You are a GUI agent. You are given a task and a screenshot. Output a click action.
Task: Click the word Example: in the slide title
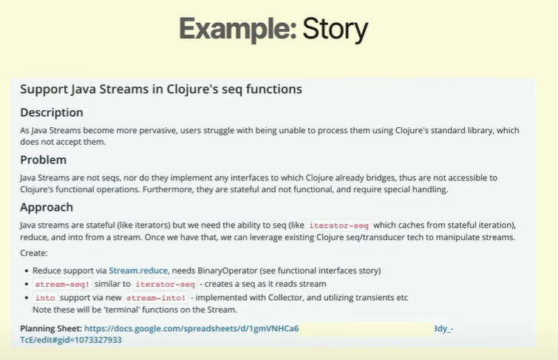pos(238,29)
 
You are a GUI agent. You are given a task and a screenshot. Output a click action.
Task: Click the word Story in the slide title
pos(335,29)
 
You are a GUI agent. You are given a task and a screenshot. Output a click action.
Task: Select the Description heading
pos(52,112)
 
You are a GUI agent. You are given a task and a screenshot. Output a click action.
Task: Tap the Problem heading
pos(44,160)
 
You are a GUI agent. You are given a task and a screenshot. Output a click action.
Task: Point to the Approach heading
pos(47,207)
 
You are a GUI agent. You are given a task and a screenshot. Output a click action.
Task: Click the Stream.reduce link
pos(138,271)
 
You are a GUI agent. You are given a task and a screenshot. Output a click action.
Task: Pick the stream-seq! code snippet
pos(62,284)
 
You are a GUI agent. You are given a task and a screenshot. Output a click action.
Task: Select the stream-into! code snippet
pos(156,298)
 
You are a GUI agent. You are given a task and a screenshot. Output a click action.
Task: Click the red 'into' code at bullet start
pos(45,298)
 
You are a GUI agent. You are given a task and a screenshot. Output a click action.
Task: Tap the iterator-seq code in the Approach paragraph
pos(338,225)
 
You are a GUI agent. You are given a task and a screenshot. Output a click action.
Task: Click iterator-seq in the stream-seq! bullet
pos(166,284)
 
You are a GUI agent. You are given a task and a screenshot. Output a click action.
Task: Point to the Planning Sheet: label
pos(51,328)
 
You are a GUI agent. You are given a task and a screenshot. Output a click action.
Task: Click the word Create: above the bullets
pos(34,253)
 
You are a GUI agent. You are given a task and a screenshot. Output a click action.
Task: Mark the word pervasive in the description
pos(158,130)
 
